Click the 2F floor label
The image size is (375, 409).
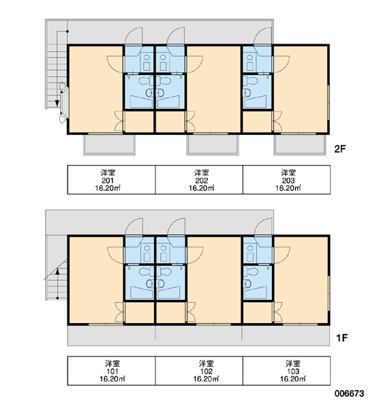point(340,149)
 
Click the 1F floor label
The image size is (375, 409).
point(342,338)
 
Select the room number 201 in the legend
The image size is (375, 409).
point(108,181)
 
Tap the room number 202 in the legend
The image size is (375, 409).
point(201,181)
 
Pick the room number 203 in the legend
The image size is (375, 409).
point(288,181)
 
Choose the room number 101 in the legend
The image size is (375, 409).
point(112,372)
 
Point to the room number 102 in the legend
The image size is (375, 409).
point(206,372)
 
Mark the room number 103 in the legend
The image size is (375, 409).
point(292,372)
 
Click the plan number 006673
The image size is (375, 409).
point(349,393)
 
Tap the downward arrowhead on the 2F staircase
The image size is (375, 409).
point(57,104)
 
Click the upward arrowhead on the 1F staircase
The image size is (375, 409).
point(57,271)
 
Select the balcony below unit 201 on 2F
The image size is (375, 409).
point(109,145)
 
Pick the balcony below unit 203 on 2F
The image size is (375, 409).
point(300,145)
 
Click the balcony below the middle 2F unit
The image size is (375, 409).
point(213,145)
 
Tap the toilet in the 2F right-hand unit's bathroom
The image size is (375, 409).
point(250,80)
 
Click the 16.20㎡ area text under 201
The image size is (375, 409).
point(108,188)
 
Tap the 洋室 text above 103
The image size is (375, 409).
point(292,363)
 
